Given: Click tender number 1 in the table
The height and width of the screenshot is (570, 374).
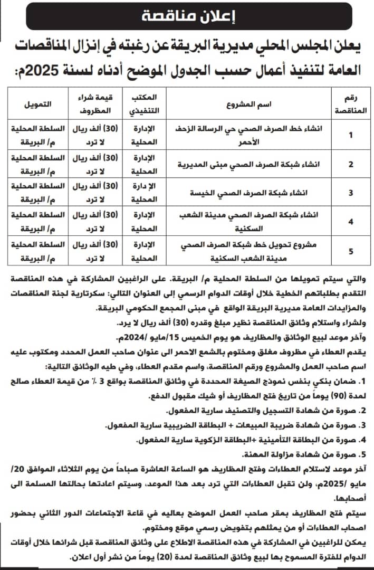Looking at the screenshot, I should point(351,134).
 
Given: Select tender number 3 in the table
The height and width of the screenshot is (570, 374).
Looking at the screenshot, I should point(351,193).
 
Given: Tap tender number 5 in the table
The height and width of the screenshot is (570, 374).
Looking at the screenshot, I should point(351,251).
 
